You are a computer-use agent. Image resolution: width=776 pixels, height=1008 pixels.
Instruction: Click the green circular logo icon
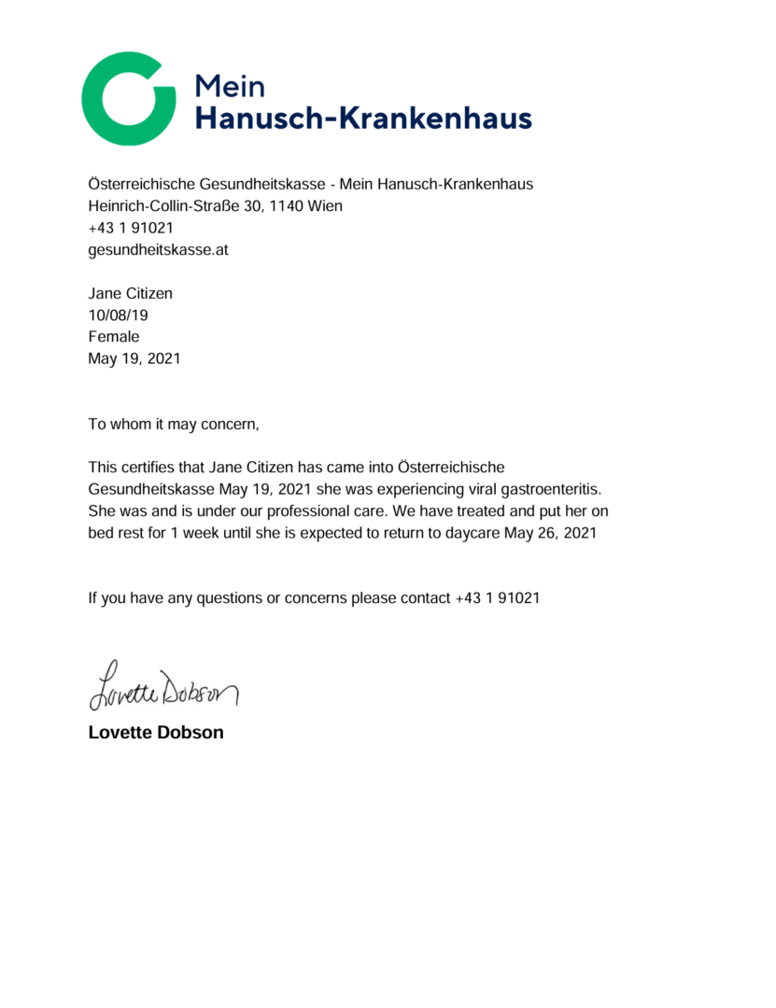pyautogui.click(x=128, y=99)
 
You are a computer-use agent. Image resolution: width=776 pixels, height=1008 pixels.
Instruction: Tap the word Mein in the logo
pyautogui.click(x=230, y=86)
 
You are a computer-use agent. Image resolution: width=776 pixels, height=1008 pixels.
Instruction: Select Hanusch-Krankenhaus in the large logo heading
pyautogui.click(x=362, y=119)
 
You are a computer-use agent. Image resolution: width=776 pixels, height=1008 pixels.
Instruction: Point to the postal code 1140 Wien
pyautogui.click(x=306, y=206)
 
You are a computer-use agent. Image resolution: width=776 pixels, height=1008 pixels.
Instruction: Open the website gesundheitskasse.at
pyautogui.click(x=158, y=249)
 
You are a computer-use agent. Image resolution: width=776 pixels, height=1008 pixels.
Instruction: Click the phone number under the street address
pyautogui.click(x=131, y=228)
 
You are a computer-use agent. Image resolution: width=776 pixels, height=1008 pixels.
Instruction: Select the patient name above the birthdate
pyautogui.click(x=130, y=294)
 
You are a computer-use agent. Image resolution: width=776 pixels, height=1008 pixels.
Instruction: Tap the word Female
pyautogui.click(x=113, y=337)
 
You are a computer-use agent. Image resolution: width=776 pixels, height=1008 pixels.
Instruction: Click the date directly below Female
pyautogui.click(x=134, y=358)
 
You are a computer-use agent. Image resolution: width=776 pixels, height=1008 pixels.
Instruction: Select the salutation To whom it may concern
pyautogui.click(x=173, y=425)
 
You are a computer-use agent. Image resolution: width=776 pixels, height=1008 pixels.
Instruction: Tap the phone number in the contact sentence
pyautogui.click(x=497, y=598)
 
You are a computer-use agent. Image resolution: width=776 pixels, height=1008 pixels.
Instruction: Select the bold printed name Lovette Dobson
pyautogui.click(x=156, y=733)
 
